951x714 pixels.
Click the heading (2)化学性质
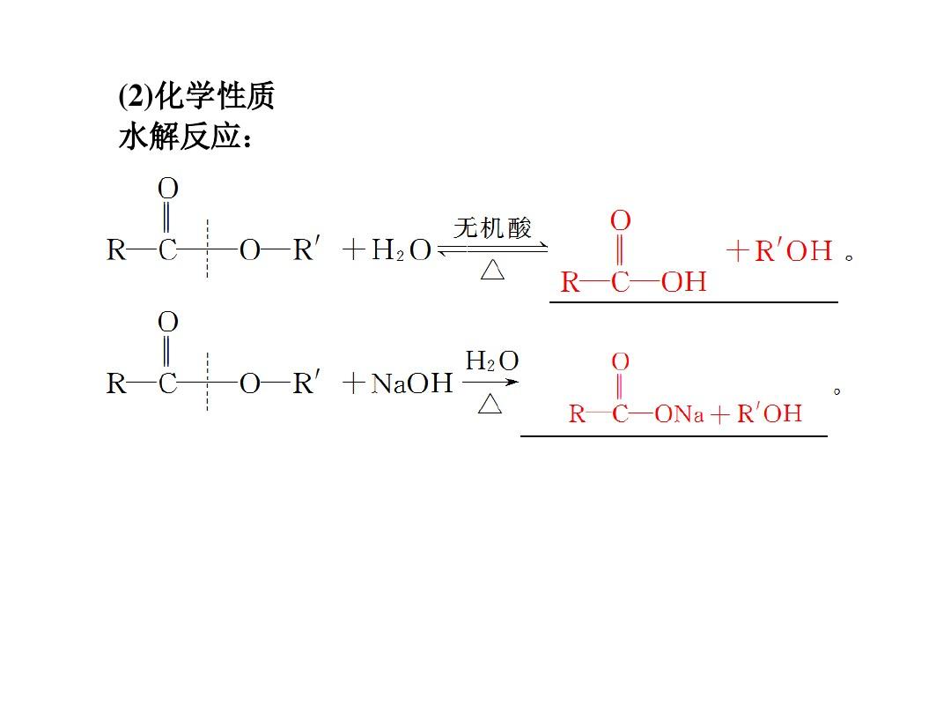(196, 96)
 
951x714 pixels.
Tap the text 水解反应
(181, 137)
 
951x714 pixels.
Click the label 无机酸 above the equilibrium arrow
(492, 228)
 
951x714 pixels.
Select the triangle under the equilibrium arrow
(492, 270)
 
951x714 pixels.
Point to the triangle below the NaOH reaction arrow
(490, 403)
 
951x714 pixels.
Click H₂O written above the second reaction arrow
(492, 361)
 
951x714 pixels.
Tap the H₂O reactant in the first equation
(402, 250)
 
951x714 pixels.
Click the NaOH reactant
(412, 383)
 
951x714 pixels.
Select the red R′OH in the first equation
(793, 250)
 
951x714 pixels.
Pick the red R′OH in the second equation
(770, 413)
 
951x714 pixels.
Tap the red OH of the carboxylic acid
(684, 282)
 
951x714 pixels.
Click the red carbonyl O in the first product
(621, 220)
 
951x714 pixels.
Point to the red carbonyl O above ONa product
(621, 361)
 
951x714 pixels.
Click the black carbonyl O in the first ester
(168, 189)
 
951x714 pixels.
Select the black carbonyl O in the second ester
(168, 322)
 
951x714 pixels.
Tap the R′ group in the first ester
(306, 249)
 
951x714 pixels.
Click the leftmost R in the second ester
(116, 383)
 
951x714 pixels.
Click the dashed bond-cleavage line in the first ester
(208, 249)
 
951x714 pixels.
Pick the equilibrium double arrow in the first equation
(492, 249)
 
